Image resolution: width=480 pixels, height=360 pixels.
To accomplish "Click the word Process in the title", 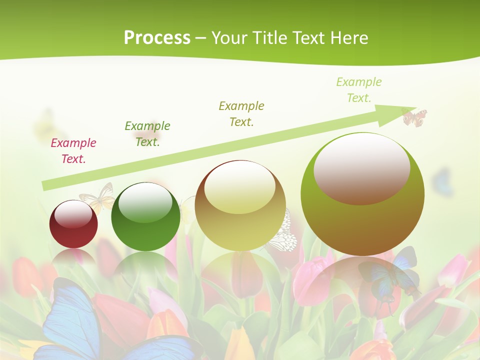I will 157,38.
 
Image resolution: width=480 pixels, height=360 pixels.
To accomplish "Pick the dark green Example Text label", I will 147,134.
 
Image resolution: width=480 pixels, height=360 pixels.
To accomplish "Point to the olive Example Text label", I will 241,114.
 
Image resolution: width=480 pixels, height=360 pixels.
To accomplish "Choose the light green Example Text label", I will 358,90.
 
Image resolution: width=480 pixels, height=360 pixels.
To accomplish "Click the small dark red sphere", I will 73,224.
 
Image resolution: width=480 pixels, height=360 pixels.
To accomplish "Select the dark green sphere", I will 145,216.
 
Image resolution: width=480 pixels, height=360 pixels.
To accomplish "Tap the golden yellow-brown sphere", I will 240,205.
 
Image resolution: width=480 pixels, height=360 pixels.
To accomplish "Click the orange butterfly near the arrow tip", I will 414,117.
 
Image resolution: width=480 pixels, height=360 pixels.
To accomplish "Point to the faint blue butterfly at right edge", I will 442,182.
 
